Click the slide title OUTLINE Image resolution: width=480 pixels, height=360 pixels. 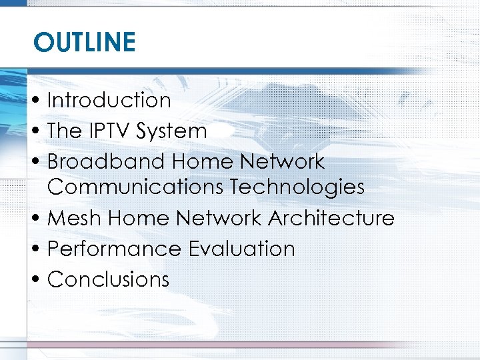[85, 43]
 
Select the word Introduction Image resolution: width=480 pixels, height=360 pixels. [109, 101]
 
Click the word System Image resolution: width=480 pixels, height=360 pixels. [171, 131]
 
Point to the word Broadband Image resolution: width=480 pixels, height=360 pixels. [106, 162]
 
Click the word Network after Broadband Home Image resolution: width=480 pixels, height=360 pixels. [283, 162]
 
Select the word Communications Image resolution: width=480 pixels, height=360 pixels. [135, 187]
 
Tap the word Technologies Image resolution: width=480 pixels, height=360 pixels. [297, 187]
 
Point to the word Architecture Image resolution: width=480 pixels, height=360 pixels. [331, 218]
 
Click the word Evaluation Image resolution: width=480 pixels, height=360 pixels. [241, 249]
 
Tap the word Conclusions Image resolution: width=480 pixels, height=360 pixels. [109, 279]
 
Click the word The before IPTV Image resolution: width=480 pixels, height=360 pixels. [63, 131]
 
